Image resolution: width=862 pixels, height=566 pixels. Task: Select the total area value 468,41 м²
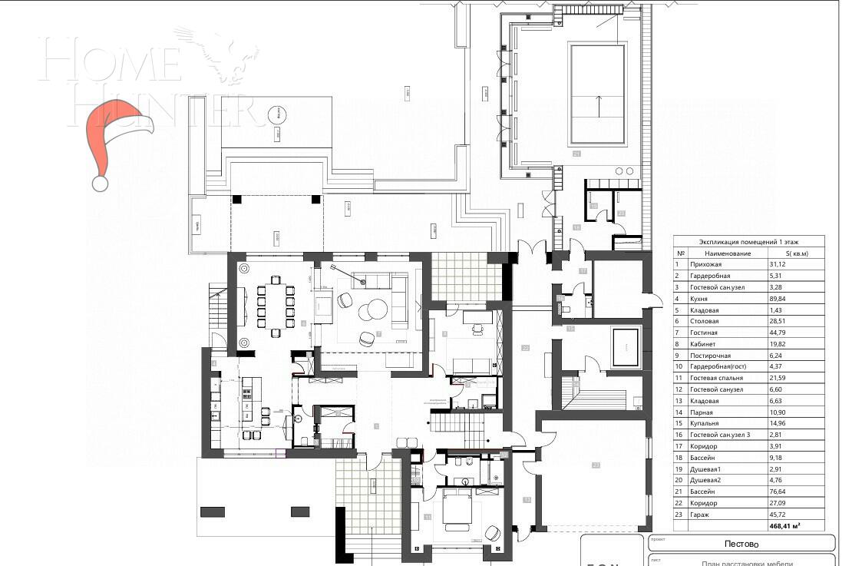click(x=785, y=526)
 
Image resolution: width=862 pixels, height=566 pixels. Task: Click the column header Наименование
click(x=722, y=253)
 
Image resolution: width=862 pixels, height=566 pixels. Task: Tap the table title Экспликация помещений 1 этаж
click(x=748, y=241)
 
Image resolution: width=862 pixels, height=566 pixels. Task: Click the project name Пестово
click(x=742, y=544)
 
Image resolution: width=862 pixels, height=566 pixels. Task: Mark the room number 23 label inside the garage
click(x=595, y=465)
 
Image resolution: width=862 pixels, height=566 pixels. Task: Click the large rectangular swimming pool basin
click(x=596, y=94)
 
